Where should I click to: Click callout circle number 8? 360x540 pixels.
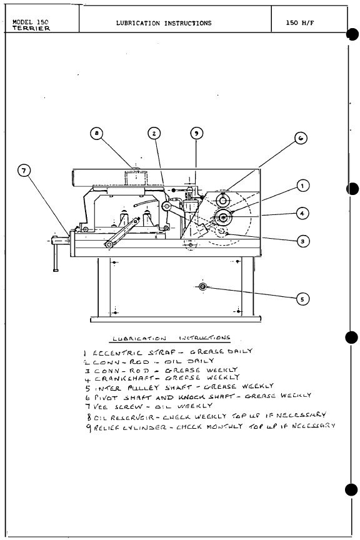(x=96, y=133)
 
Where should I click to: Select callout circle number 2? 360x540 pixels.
(x=154, y=133)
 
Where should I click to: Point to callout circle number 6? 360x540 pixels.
(x=300, y=139)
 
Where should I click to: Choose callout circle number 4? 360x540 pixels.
(x=302, y=214)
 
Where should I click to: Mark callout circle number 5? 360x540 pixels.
(x=302, y=299)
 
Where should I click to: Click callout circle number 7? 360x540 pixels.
(x=24, y=171)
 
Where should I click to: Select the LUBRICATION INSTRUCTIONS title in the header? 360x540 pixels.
(x=164, y=23)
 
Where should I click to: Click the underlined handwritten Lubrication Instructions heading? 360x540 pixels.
(x=171, y=339)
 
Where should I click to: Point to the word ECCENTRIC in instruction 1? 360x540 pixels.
(x=115, y=353)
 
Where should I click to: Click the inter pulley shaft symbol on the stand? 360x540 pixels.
(x=202, y=286)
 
